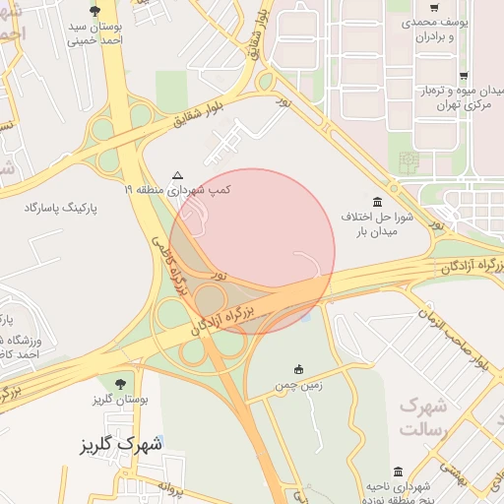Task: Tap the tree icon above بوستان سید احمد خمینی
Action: [94, 11]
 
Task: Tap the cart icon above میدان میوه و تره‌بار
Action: [463, 76]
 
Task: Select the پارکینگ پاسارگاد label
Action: [78, 208]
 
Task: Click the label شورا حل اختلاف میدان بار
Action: [395, 221]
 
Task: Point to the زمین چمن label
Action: [299, 385]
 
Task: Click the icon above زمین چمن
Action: [298, 369]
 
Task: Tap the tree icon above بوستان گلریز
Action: [120, 382]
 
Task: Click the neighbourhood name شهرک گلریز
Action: [121, 445]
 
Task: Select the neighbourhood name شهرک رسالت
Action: [424, 418]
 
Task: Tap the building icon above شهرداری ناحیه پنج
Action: [398, 472]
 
